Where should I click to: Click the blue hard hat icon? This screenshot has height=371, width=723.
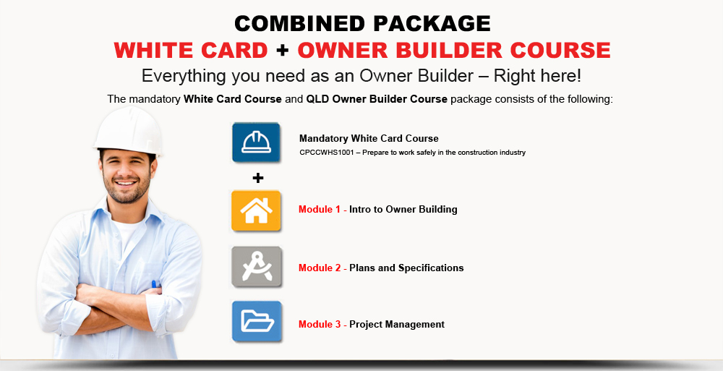pyautogui.click(x=256, y=142)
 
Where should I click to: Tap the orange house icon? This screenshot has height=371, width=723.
pyautogui.click(x=256, y=210)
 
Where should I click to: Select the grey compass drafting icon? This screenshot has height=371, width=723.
pyautogui.click(x=257, y=267)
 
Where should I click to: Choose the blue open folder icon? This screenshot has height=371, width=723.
pyautogui.click(x=257, y=321)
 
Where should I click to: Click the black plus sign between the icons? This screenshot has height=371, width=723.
pyautogui.click(x=258, y=178)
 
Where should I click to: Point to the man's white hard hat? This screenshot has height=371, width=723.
pyautogui.click(x=129, y=131)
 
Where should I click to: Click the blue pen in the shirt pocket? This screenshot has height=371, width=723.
pyautogui.click(x=154, y=284)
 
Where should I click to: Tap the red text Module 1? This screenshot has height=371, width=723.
pyautogui.click(x=320, y=209)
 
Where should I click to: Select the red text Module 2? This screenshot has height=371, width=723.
pyautogui.click(x=320, y=268)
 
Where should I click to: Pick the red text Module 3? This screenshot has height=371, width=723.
pyautogui.click(x=320, y=324)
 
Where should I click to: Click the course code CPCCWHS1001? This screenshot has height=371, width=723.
pyautogui.click(x=327, y=153)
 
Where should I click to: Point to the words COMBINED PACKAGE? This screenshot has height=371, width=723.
pyautogui.click(x=362, y=24)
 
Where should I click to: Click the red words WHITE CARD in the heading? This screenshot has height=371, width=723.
pyautogui.click(x=191, y=50)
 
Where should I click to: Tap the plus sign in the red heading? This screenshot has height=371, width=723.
pyautogui.click(x=283, y=51)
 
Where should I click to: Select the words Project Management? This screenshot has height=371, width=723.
pyautogui.click(x=397, y=325)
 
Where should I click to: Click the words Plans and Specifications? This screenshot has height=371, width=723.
pyautogui.click(x=406, y=268)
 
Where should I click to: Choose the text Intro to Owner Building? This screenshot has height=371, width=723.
pyautogui.click(x=403, y=210)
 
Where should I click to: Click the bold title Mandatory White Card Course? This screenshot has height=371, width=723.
pyautogui.click(x=369, y=138)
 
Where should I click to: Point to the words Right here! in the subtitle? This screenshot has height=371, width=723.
pyautogui.click(x=538, y=76)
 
